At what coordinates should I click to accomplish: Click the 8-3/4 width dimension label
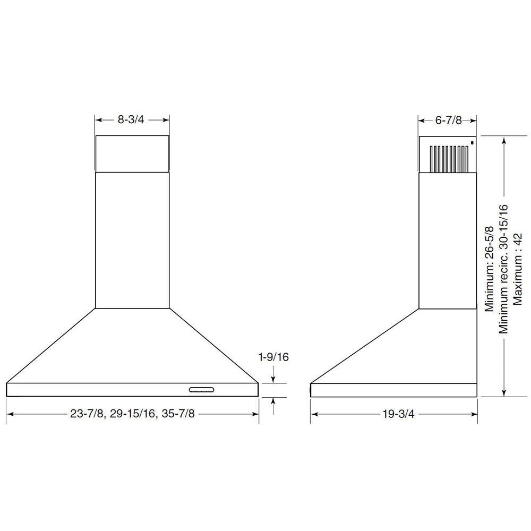click(x=131, y=119)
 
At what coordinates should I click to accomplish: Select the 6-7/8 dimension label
click(x=447, y=121)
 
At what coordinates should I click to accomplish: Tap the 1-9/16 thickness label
click(x=273, y=357)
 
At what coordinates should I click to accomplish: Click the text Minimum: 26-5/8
click(x=490, y=269)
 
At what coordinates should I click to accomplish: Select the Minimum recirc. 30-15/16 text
click(x=503, y=269)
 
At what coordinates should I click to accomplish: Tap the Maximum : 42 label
click(x=518, y=269)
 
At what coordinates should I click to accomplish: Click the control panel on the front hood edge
click(x=201, y=391)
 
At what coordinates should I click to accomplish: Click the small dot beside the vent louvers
click(x=472, y=142)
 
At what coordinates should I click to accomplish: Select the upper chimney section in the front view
click(x=132, y=153)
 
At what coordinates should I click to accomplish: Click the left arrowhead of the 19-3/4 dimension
click(x=314, y=414)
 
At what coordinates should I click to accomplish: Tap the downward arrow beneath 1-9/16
click(x=273, y=378)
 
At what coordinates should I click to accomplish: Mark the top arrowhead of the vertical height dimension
click(x=503, y=139)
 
